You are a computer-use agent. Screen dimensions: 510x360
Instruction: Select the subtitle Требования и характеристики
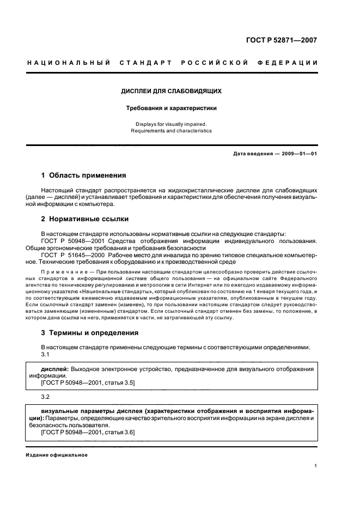coord(171,108)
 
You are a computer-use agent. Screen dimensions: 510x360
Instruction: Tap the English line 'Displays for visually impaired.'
coord(171,124)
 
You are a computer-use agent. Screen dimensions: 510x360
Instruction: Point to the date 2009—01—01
coord(296,154)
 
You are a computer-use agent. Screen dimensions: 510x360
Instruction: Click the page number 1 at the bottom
coord(315,465)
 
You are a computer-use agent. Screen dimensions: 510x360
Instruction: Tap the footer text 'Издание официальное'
coord(57,455)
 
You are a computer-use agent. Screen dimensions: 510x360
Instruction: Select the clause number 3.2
coord(46,397)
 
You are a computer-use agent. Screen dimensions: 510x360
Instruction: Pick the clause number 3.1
coord(46,354)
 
